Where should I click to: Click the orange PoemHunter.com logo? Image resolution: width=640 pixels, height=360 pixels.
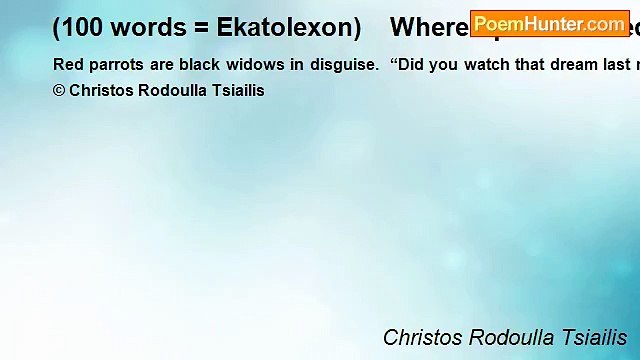coord(549,23)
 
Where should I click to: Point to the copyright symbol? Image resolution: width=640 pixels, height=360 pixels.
coord(59,90)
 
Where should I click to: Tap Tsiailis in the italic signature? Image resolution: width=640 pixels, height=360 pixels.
coord(593,337)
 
